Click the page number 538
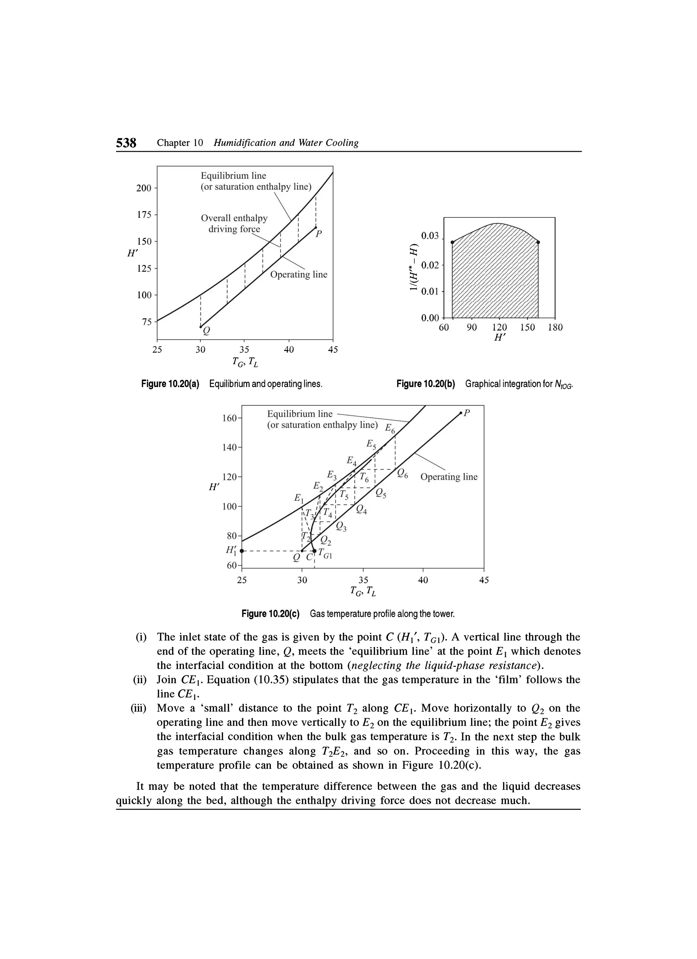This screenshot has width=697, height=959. pyautogui.click(x=126, y=143)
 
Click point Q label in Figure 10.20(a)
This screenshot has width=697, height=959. pyautogui.click(x=206, y=330)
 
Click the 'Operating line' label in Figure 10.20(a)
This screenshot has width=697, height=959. pyautogui.click(x=298, y=274)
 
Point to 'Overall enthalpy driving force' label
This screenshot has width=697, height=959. pyautogui.click(x=234, y=224)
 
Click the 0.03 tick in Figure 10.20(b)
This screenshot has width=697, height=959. pyautogui.click(x=430, y=236)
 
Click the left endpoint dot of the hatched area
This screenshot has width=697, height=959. pyautogui.click(x=452, y=242)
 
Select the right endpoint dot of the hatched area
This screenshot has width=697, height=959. pyautogui.click(x=538, y=242)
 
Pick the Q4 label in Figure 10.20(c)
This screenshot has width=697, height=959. pyautogui.click(x=361, y=510)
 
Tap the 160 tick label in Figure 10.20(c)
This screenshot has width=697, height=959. pyautogui.click(x=229, y=418)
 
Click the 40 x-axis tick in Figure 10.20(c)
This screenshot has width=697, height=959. pyautogui.click(x=423, y=580)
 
